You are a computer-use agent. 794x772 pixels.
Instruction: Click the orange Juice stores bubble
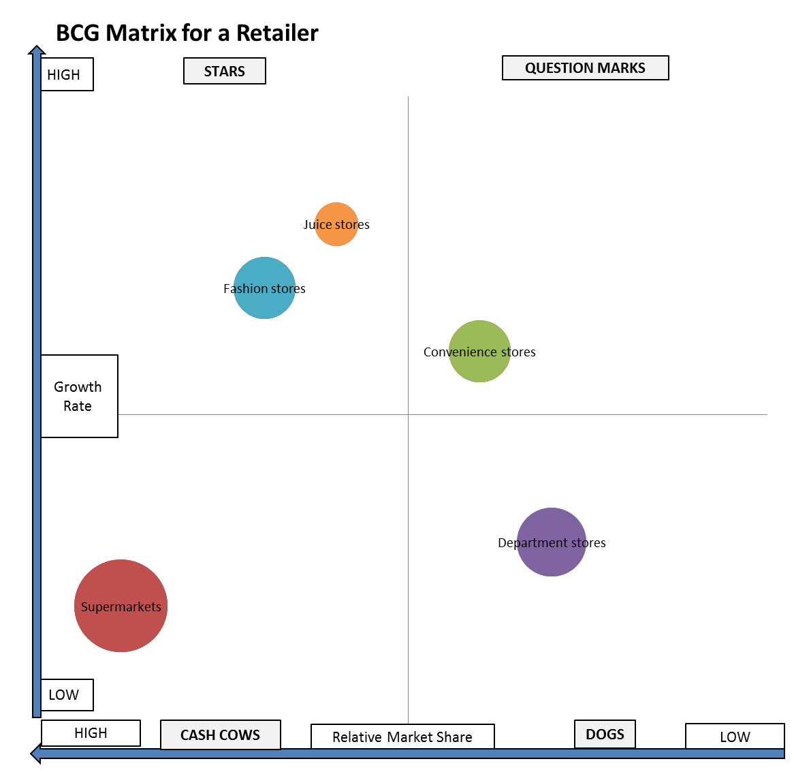[336, 224]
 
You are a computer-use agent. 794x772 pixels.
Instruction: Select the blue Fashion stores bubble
[264, 288]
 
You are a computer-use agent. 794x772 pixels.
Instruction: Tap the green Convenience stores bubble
[479, 352]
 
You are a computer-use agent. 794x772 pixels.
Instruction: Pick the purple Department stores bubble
[552, 542]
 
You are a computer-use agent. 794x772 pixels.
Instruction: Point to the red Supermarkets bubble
[121, 606]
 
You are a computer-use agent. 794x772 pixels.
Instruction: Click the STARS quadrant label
[225, 71]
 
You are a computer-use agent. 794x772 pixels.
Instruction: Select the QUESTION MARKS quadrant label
[585, 68]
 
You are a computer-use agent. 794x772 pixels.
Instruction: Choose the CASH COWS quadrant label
[220, 735]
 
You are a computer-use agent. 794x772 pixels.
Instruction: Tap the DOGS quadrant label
[605, 734]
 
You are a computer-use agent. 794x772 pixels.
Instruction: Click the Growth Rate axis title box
[79, 396]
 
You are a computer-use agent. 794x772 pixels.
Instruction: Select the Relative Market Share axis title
[402, 737]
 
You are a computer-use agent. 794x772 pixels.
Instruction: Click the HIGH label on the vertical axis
[66, 74]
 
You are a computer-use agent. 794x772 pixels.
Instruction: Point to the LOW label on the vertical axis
[66, 694]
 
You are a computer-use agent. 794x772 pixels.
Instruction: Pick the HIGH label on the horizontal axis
[91, 733]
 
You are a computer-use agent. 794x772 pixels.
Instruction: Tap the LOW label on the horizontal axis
[735, 737]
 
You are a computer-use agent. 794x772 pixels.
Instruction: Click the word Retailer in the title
[277, 33]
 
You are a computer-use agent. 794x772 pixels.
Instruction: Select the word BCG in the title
[78, 33]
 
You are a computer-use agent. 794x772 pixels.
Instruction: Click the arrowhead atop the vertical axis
[36, 50]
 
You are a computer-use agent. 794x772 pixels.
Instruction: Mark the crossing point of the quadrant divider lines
[408, 414]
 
